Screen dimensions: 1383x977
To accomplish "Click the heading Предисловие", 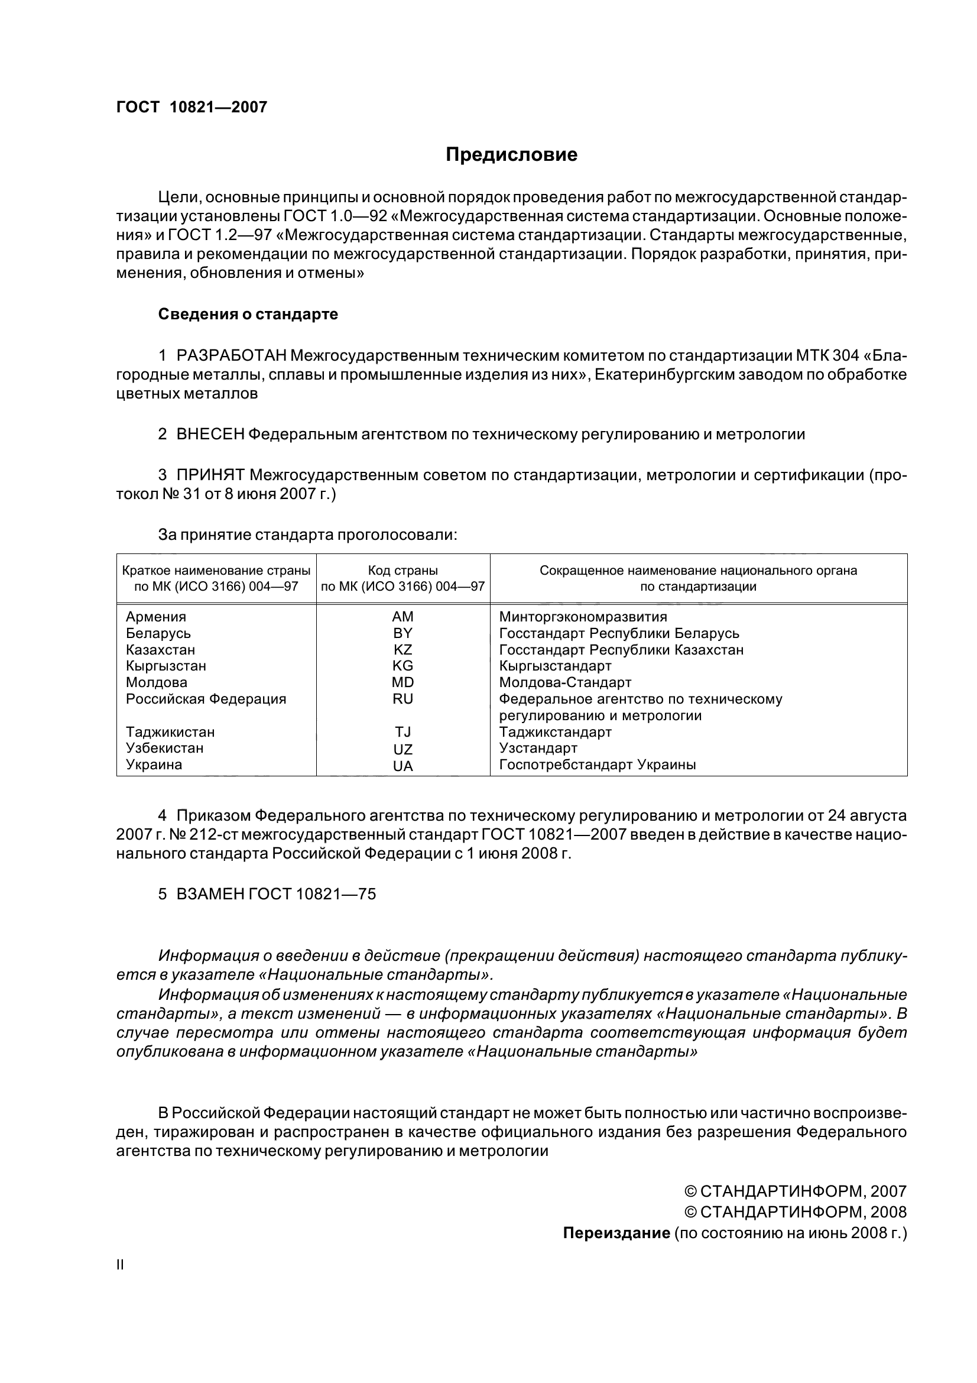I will pyautogui.click(x=511, y=155).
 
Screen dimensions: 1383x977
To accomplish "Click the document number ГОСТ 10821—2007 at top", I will pyautogui.click(x=191, y=107).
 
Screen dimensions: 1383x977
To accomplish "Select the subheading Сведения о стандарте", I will pyautogui.click(x=248, y=314).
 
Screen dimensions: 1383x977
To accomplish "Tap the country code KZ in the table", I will pyautogui.click(x=403, y=650).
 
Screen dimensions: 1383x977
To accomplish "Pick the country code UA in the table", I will pyautogui.click(x=403, y=767).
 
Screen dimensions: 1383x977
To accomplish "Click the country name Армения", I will pyautogui.click(x=156, y=617).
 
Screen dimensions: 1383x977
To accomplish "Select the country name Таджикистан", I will pyautogui.click(x=170, y=732).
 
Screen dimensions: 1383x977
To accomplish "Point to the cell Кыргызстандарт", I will pyautogui.click(x=555, y=666).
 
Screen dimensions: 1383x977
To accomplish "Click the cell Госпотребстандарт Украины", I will pyautogui.click(x=597, y=765).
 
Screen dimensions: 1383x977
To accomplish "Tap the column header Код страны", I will pyautogui.click(x=403, y=570).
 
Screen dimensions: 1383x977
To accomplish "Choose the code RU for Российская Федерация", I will pyautogui.click(x=403, y=699).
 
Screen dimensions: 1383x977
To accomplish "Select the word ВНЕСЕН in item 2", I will pyautogui.click(x=210, y=433).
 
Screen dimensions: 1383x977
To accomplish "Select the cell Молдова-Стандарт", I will pyautogui.click(x=564, y=682).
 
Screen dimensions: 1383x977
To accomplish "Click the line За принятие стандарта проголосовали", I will pyautogui.click(x=307, y=535).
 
